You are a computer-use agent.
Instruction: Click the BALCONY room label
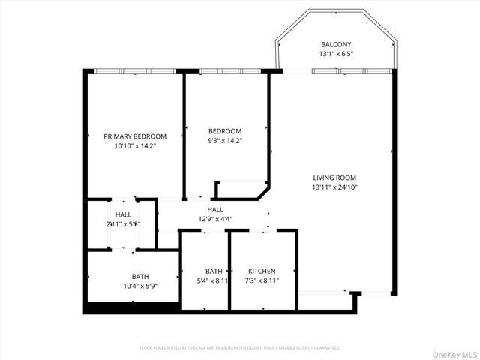pyautogui.click(x=336, y=44)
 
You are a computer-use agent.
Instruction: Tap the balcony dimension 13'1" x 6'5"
pyautogui.click(x=336, y=54)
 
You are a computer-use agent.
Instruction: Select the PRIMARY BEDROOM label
pyautogui.click(x=135, y=136)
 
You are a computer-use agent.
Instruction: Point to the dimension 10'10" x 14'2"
pyautogui.click(x=135, y=147)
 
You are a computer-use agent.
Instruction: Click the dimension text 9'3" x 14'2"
pyautogui.click(x=225, y=140)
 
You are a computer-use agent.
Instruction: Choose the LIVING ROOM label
pyautogui.click(x=334, y=178)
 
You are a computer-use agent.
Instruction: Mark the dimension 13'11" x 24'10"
pyautogui.click(x=334, y=187)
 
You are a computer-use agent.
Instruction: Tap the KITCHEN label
pyautogui.click(x=262, y=271)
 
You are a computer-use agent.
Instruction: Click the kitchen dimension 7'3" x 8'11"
pyautogui.click(x=262, y=280)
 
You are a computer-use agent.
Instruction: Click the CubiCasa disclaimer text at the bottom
pyautogui.click(x=240, y=347)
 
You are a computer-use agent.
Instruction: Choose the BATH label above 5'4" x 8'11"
pyautogui.click(x=214, y=271)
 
